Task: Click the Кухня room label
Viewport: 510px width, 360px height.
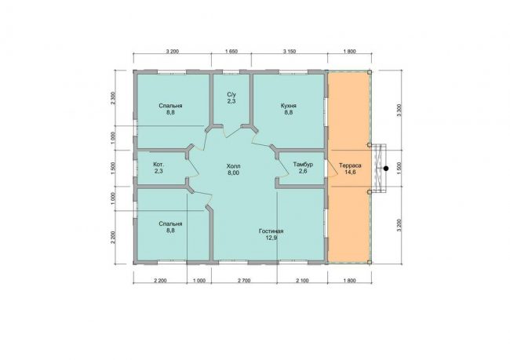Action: [288, 106]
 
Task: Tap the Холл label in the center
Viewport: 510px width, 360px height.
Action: [234, 166]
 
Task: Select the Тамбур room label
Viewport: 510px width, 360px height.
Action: [303, 165]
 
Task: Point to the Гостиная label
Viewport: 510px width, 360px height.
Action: [271, 231]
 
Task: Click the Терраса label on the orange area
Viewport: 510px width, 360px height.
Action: [350, 165]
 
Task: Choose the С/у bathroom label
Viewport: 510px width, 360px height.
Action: [231, 95]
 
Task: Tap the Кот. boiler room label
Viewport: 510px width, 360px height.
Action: [158, 165]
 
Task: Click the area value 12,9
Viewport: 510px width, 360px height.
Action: [271, 238]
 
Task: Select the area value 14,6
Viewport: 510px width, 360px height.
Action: [350, 173]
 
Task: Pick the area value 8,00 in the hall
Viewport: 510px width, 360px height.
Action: [234, 173]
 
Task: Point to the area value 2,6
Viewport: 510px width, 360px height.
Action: [303, 172]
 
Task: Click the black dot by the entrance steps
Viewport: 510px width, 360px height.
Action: [386, 169]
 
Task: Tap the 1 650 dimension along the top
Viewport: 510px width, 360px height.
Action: [231, 52]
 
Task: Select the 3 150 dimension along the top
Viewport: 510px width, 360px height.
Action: [290, 52]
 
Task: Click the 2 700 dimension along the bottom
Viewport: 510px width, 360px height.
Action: [244, 281]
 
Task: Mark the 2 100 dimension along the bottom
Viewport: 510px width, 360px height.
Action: [302, 281]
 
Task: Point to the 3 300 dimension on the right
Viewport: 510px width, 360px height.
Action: [399, 111]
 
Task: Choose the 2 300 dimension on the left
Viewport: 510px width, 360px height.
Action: [113, 98]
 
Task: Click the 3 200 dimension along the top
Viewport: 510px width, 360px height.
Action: [173, 52]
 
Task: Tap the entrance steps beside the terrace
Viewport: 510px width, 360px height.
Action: [379, 169]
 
